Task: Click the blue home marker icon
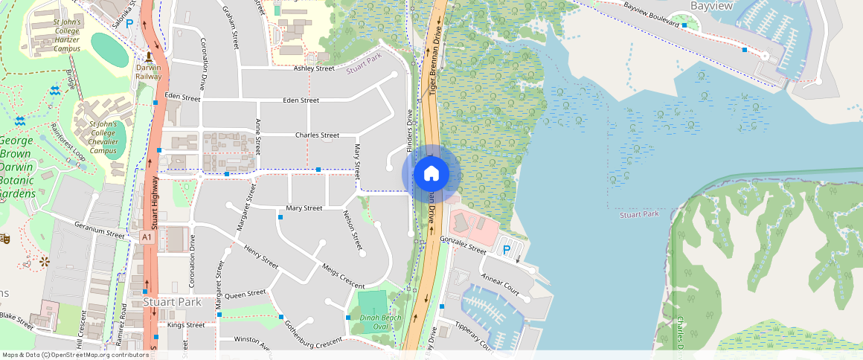point(431,174)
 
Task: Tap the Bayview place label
point(711,6)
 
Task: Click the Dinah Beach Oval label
point(380,322)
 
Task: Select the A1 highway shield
point(147,237)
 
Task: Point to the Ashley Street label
point(314,68)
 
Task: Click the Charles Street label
point(317,135)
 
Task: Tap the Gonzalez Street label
point(463,245)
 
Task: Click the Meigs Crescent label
point(343,276)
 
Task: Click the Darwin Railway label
point(149,71)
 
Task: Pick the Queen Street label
point(245,295)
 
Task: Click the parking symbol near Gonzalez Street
point(507,250)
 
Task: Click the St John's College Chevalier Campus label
point(103,137)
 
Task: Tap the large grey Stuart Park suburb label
point(171,303)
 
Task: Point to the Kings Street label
point(186,325)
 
